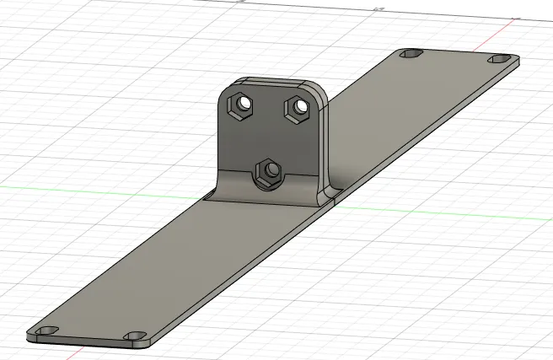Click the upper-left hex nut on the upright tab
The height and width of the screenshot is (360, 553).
243,105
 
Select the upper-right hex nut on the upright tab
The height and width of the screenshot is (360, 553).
297,108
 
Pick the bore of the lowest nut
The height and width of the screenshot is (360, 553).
271,171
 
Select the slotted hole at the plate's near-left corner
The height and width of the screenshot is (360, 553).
45,330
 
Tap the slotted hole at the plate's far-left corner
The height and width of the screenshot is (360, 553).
411,54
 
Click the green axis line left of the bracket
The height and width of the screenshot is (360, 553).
101,185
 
